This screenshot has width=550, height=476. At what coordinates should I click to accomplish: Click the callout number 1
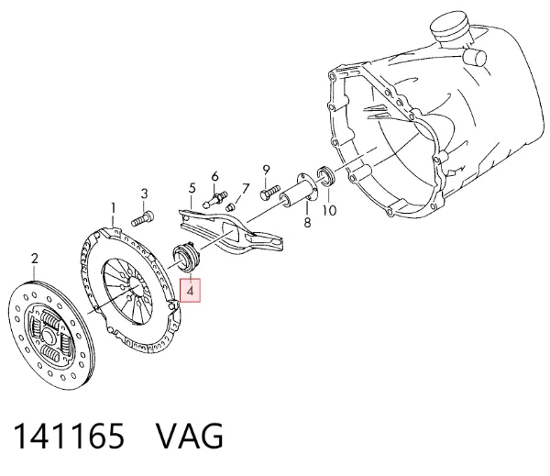(113, 208)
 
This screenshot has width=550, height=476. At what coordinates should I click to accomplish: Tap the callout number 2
(34, 259)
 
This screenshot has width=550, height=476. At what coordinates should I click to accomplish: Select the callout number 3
(144, 194)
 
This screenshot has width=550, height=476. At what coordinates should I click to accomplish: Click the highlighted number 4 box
(190, 291)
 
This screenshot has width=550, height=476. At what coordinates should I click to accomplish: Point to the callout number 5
(192, 189)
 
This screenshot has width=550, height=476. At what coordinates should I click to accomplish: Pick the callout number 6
(214, 176)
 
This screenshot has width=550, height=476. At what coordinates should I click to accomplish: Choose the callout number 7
(245, 189)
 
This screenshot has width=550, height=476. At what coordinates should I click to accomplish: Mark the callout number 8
(307, 223)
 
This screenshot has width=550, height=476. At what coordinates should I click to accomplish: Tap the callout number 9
(266, 171)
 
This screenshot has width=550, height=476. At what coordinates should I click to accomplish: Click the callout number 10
(329, 211)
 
